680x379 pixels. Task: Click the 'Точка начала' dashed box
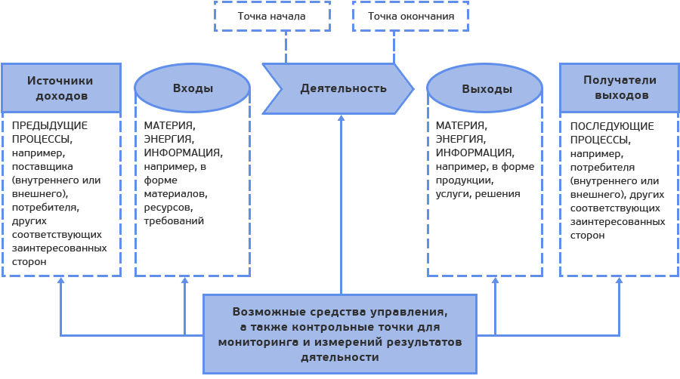tap(272, 16)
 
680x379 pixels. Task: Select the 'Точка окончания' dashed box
tap(410, 16)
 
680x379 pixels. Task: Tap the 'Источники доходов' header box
tap(60, 88)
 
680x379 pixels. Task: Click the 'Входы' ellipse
tap(193, 88)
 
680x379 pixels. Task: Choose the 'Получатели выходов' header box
tap(620, 88)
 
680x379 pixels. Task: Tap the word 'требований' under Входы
tap(175, 221)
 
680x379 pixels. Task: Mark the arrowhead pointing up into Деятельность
tap(341, 118)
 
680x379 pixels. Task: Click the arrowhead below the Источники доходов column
tap(61, 280)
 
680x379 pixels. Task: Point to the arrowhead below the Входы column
tap(184, 280)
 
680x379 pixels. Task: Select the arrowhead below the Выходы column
tap(496, 280)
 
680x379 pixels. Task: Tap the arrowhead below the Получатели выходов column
tap(619, 280)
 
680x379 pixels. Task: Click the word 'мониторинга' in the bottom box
tap(254, 342)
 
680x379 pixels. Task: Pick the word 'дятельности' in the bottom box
tap(340, 357)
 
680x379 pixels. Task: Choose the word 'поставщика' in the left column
tap(42, 166)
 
